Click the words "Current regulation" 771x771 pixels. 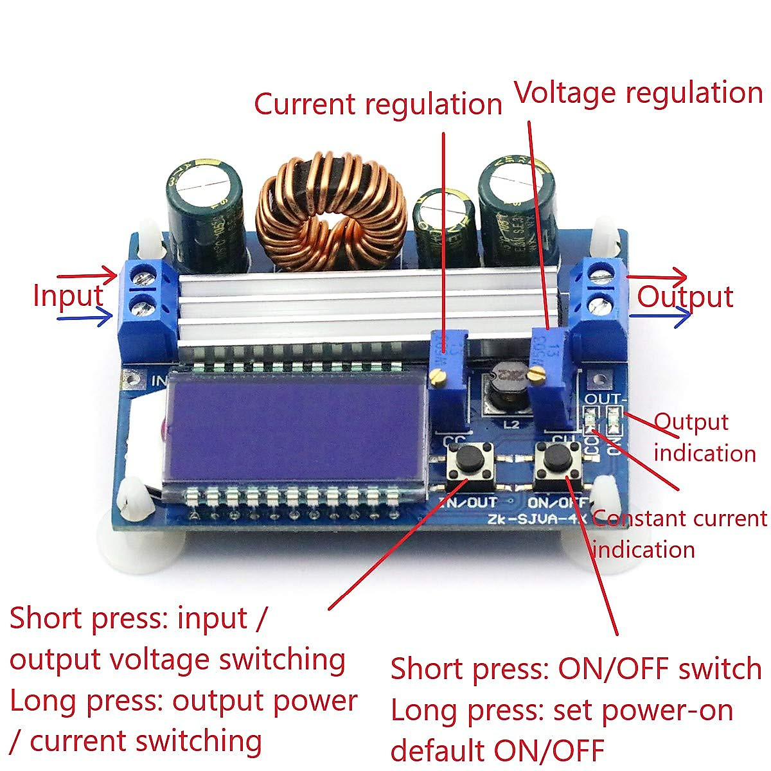coord(378,104)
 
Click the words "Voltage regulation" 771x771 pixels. coord(639,93)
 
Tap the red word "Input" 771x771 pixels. coord(67,296)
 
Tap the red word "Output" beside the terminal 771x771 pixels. coord(685,297)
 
